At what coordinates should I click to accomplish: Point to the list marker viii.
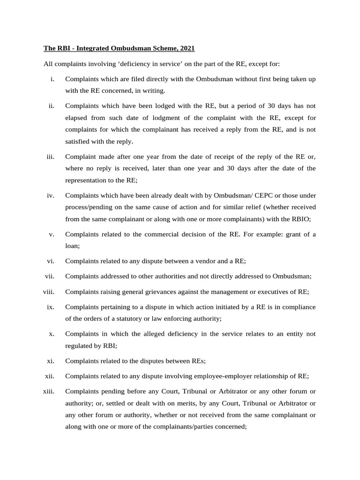[49, 292]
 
